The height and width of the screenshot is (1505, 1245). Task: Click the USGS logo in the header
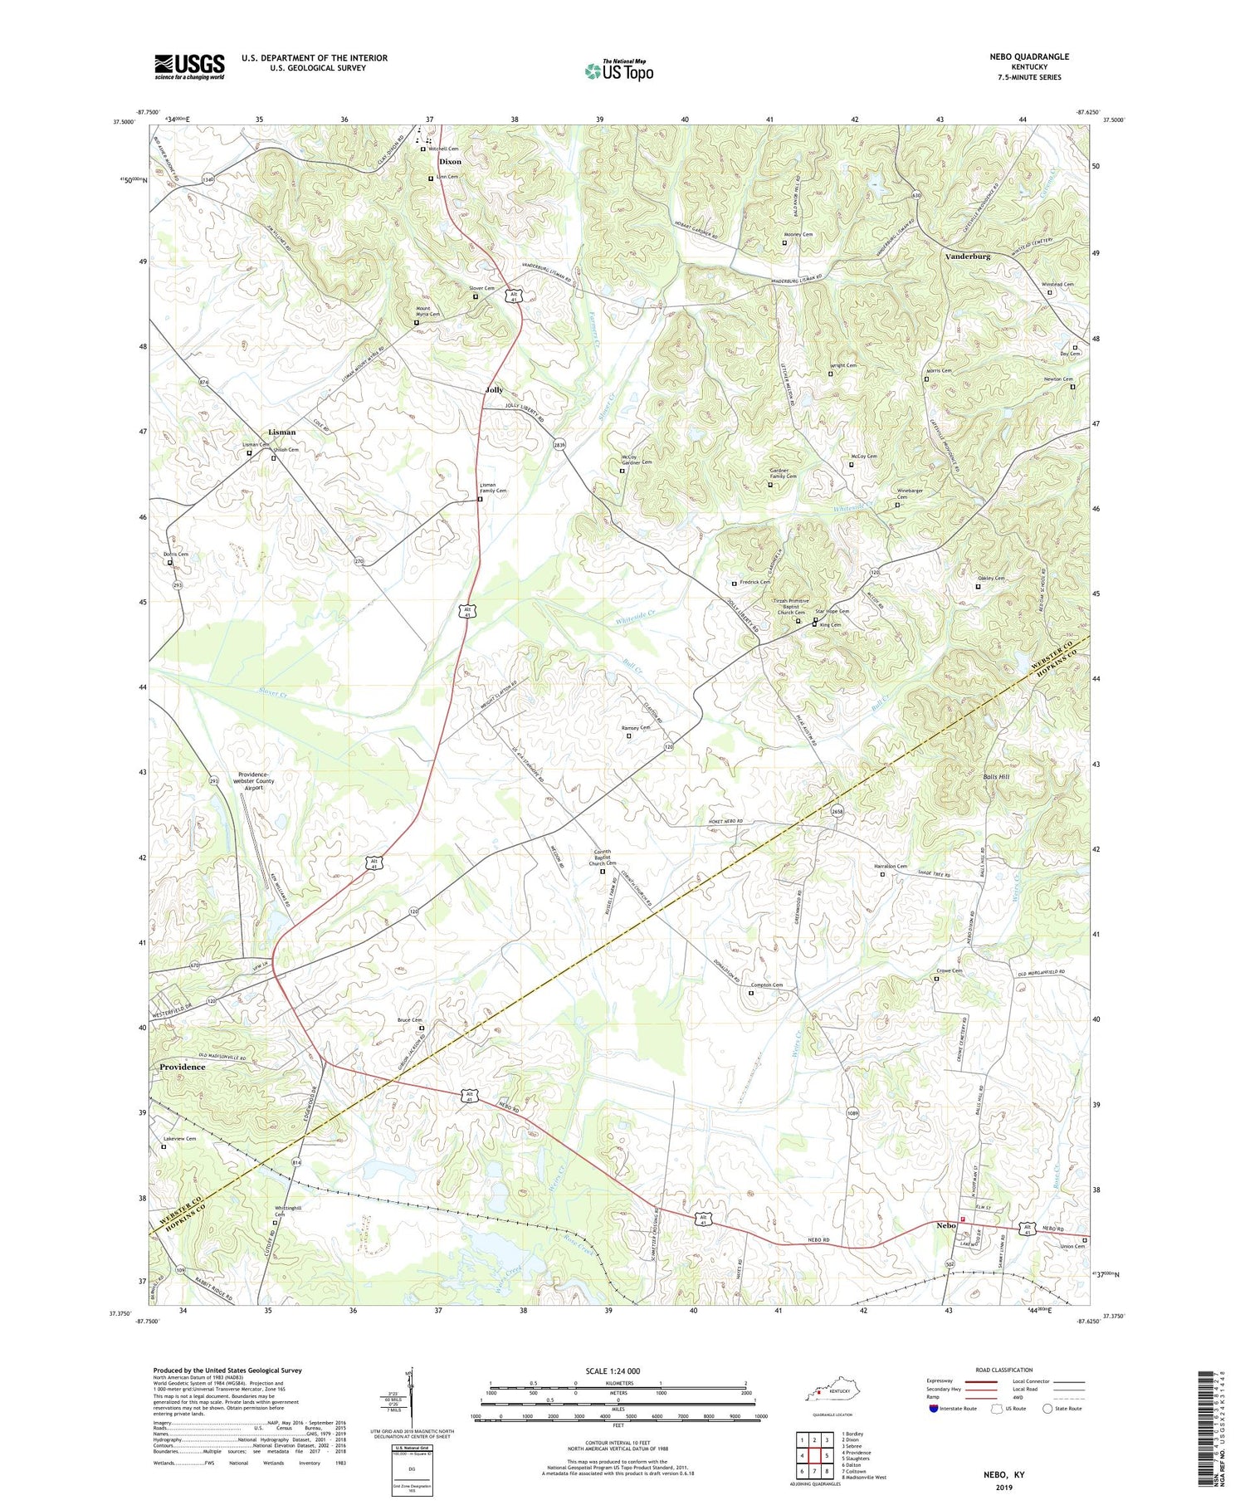click(x=189, y=66)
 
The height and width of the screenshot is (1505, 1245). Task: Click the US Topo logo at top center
click(x=618, y=71)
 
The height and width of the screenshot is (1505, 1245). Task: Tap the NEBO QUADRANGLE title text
click(x=1028, y=56)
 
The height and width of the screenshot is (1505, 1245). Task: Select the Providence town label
click(x=182, y=1067)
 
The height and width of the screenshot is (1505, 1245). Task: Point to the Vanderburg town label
click(x=967, y=257)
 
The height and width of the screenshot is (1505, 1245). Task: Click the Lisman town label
click(x=281, y=432)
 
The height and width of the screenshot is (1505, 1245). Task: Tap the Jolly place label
click(x=494, y=389)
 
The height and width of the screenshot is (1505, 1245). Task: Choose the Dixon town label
click(x=450, y=162)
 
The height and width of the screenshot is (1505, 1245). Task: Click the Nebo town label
click(x=946, y=1225)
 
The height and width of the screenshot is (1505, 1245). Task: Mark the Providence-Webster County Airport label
click(x=256, y=780)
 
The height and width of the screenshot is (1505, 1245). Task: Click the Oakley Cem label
click(x=989, y=579)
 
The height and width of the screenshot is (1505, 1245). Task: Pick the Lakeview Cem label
click(x=179, y=1139)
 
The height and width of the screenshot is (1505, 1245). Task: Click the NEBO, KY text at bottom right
click(x=1002, y=1474)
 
